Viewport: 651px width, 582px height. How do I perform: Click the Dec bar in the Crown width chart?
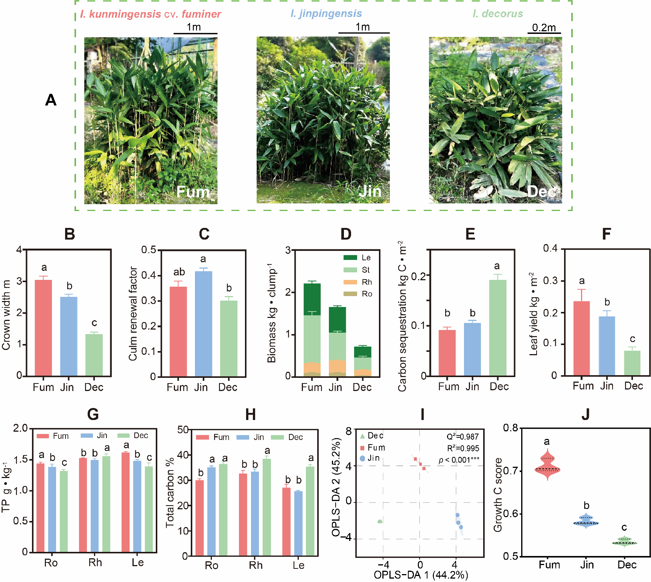(94, 355)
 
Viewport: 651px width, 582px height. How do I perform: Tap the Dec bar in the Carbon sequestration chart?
(497, 328)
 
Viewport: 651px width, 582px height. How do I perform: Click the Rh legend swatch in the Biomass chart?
(350, 282)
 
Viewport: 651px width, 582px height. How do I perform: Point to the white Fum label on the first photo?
(193, 192)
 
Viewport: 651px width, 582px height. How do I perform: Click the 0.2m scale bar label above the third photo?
(544, 27)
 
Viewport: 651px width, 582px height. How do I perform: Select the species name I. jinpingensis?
(326, 14)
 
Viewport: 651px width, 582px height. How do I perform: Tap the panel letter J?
(585, 414)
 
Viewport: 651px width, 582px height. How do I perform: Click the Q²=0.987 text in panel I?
(462, 437)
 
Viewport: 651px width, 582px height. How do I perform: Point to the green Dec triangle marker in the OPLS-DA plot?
(380, 521)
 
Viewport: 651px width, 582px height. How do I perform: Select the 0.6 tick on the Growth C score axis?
(511, 514)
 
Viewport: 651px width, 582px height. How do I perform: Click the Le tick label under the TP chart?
(138, 562)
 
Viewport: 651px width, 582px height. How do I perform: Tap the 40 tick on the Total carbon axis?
(183, 455)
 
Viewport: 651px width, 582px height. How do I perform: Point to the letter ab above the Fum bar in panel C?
(179, 272)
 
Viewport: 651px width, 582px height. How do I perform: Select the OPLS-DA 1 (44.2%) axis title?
(421, 575)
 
